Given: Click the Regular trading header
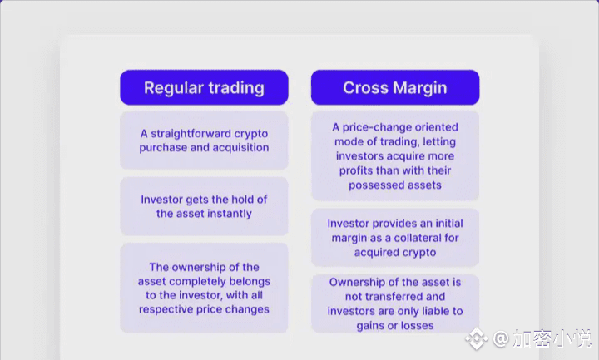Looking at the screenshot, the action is (x=204, y=87).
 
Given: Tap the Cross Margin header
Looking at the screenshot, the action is (x=395, y=87).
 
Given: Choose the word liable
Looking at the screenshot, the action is (x=433, y=311).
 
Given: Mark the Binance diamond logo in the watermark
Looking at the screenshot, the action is (x=477, y=338).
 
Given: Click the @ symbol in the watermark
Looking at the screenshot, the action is (x=500, y=338).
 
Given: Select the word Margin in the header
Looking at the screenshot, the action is (x=420, y=88).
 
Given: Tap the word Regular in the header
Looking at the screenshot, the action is (x=173, y=88).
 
